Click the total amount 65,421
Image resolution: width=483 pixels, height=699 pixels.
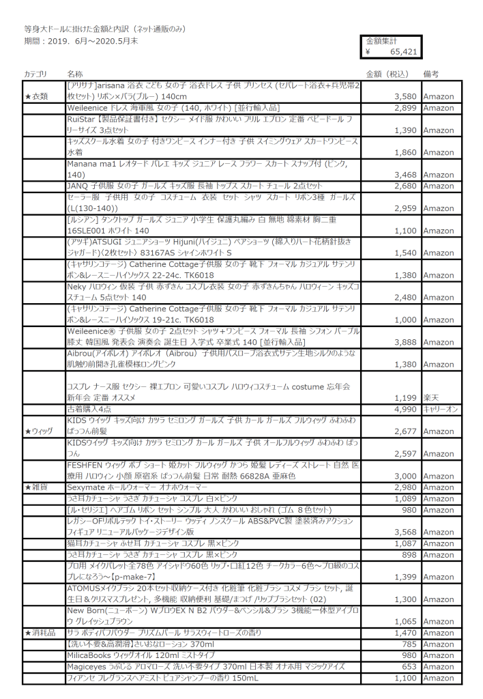(x=403, y=51)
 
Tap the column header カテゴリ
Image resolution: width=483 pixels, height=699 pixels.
(x=35, y=73)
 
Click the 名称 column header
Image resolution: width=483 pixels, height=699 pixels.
(x=75, y=73)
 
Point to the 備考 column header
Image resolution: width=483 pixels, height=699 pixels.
(x=431, y=73)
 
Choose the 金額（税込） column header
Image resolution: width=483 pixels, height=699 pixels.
(x=387, y=73)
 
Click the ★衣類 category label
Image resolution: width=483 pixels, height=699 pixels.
(x=37, y=96)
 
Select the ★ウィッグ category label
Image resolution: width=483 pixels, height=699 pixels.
(x=39, y=431)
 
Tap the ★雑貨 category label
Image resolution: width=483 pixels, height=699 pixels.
(x=35, y=487)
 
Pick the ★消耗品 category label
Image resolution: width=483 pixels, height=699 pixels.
(x=39, y=634)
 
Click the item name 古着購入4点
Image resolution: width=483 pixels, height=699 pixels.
(x=92, y=409)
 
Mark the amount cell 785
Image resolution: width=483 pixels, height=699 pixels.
(x=408, y=645)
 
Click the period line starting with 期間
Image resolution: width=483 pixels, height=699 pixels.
(x=82, y=42)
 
